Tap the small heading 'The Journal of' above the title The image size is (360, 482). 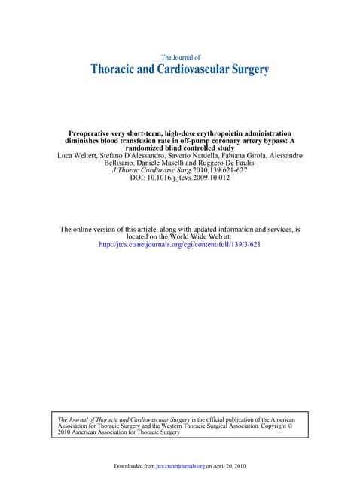181,57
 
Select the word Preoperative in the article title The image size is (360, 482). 93,133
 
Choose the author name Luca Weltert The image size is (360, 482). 78,156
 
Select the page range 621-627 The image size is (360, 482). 231,171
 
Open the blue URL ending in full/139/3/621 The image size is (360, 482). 180,244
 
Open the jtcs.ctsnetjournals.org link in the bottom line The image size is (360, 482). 180,466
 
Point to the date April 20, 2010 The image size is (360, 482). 227,466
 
